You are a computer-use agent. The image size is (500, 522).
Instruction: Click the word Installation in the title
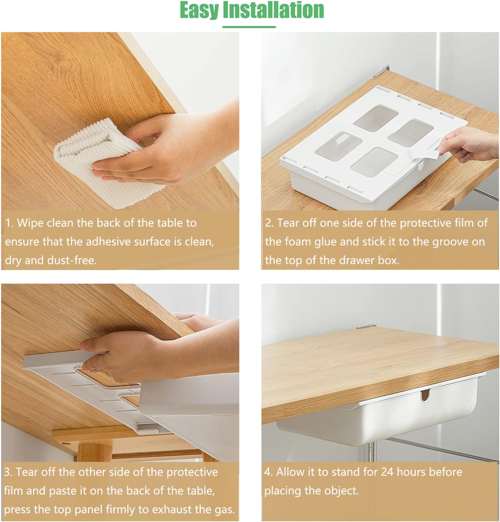(274, 10)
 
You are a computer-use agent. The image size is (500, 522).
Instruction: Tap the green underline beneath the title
(249, 27)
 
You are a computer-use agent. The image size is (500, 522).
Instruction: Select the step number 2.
(269, 223)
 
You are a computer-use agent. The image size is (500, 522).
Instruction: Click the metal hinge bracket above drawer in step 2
(382, 71)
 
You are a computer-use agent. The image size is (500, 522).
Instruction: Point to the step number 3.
(8, 472)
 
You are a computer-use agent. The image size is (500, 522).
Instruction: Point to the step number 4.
(268, 472)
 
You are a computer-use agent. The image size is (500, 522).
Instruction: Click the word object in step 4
(340, 491)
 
